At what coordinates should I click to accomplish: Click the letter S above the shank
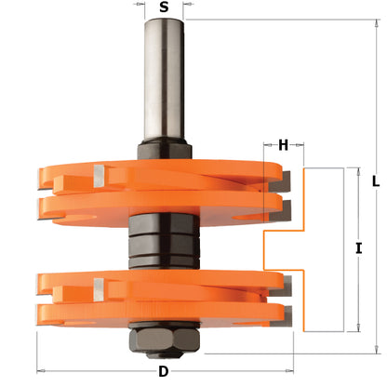point(164,7)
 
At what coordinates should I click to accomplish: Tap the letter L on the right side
point(374,182)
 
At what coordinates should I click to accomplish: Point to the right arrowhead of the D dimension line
point(288,358)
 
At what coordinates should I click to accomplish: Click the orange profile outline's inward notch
point(267,249)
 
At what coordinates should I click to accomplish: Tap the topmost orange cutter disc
point(158,169)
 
